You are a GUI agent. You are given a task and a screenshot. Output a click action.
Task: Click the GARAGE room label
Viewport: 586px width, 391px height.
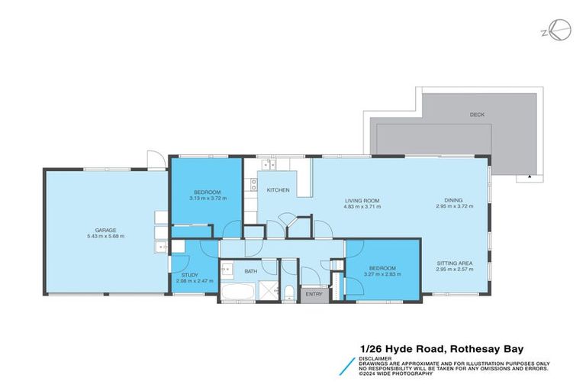[x=105, y=229]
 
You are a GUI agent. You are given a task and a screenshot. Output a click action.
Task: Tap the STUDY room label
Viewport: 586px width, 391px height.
[x=190, y=274]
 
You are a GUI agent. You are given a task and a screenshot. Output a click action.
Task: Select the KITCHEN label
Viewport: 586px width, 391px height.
[x=278, y=189]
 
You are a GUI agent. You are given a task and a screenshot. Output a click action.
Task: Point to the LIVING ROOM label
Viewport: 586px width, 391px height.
[x=362, y=201]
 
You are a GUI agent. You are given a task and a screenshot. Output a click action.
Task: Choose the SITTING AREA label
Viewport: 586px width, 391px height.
[x=455, y=263]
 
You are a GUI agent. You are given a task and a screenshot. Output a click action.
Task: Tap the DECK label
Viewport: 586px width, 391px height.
[x=477, y=115]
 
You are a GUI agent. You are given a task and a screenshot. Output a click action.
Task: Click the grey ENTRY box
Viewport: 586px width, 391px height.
[x=314, y=294]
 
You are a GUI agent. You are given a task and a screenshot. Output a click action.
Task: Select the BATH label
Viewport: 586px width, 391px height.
[x=251, y=271]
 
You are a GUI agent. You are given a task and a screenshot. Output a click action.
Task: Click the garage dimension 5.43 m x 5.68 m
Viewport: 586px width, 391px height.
[x=105, y=236]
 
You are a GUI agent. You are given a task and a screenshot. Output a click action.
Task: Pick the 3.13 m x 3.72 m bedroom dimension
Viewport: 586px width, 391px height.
[x=207, y=198]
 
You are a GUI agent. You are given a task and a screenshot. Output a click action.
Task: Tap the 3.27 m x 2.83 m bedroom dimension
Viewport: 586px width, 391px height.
[x=382, y=274]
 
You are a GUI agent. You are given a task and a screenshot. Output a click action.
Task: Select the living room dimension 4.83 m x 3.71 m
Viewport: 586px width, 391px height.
[x=362, y=207]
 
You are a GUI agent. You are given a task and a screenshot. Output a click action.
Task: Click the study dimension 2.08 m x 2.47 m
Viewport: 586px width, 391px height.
[x=190, y=280]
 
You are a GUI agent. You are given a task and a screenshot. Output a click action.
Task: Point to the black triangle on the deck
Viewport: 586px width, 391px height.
[x=527, y=177]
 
